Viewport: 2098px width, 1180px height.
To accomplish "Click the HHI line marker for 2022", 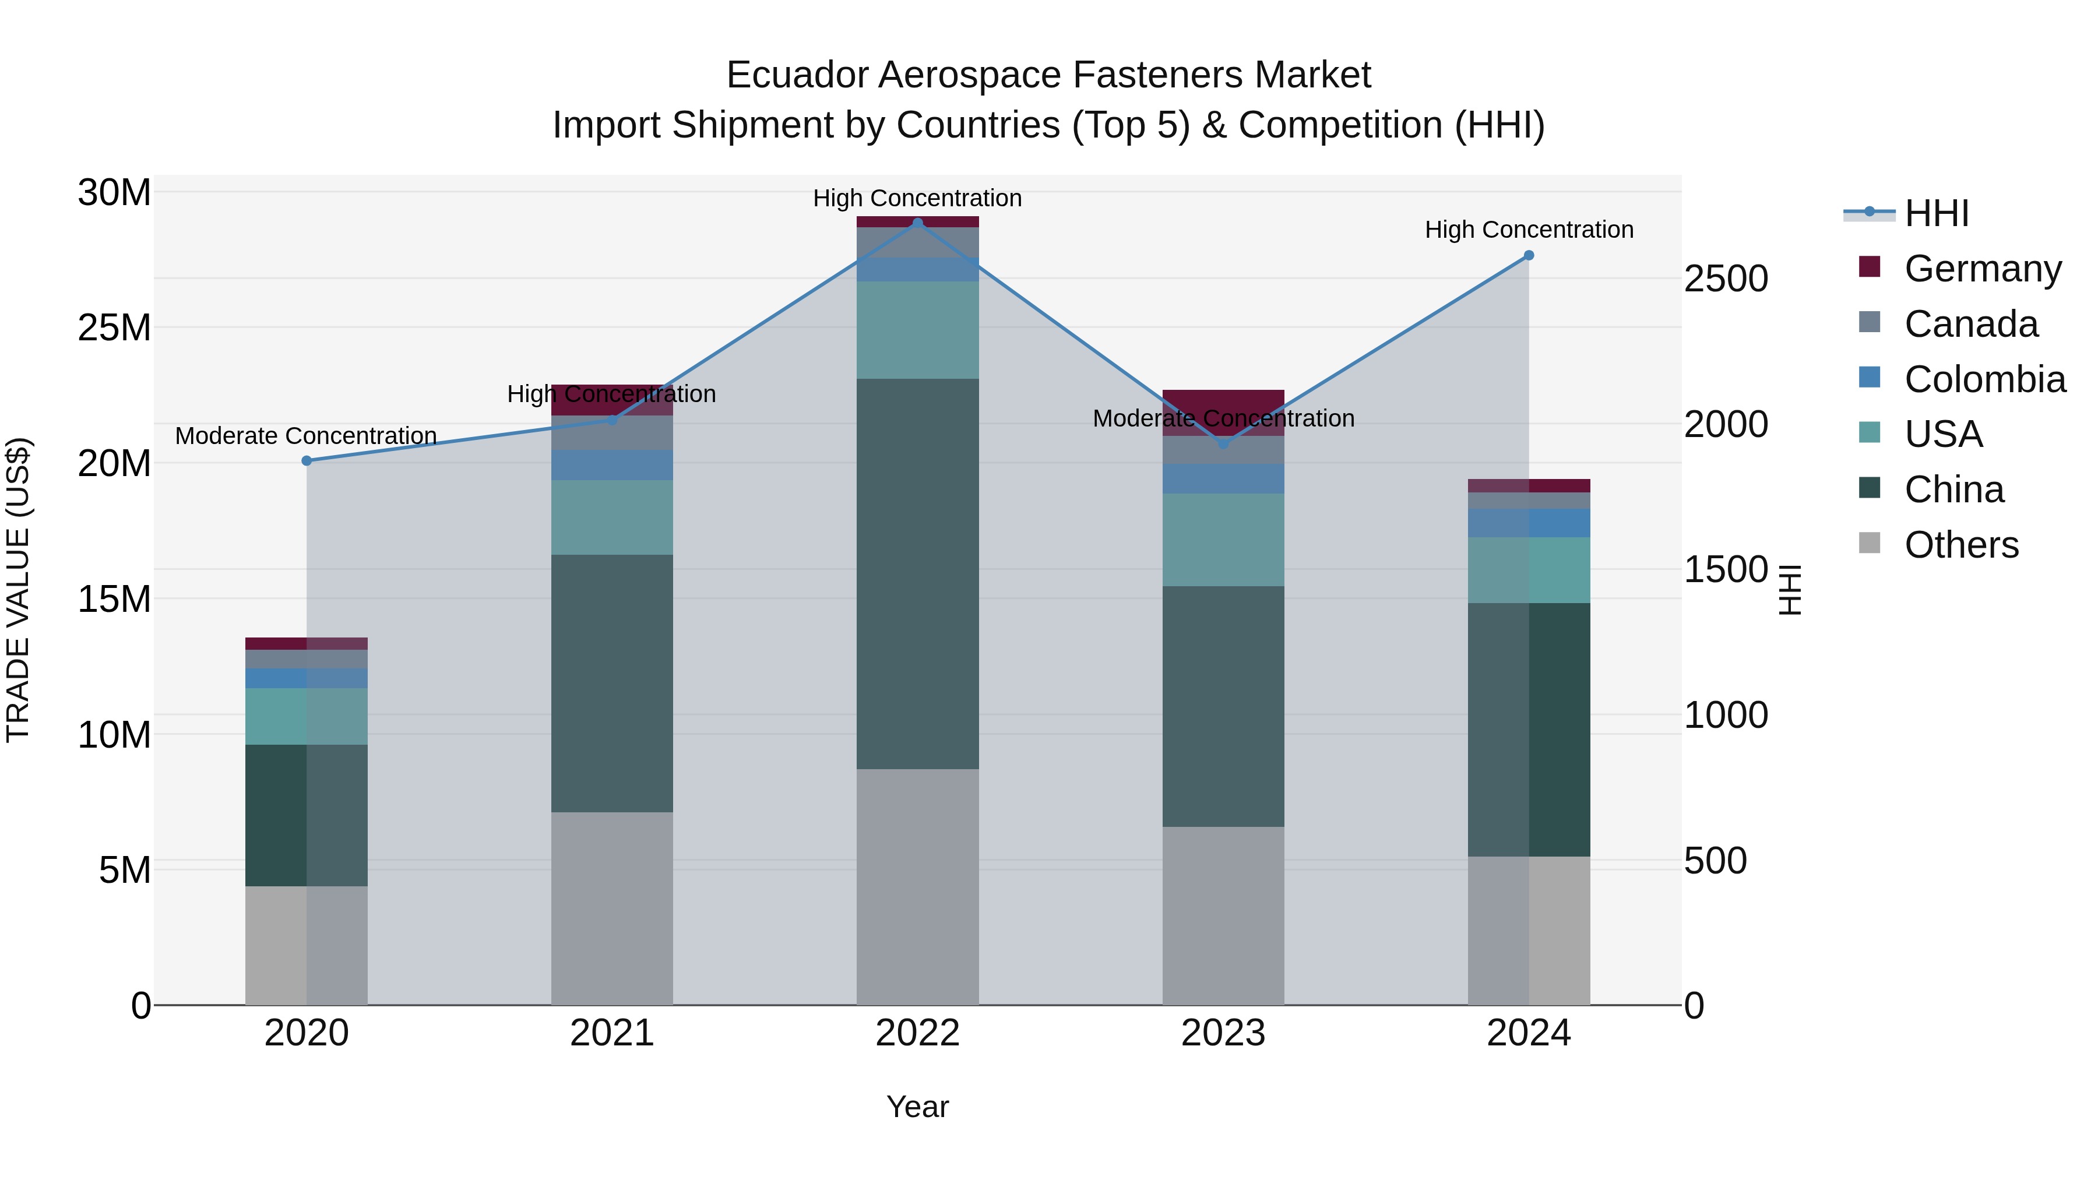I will coord(917,223).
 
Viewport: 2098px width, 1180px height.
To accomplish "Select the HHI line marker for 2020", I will coord(307,461).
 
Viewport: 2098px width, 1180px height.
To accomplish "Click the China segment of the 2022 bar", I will coord(917,574).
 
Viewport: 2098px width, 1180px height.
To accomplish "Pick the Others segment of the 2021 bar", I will coord(612,908).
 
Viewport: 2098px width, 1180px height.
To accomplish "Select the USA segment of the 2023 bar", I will coord(1223,540).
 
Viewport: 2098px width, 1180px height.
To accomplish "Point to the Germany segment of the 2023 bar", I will coord(1223,401).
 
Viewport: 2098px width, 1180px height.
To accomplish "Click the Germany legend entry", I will coord(1983,269).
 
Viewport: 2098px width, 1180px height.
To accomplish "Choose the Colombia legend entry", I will coord(1984,379).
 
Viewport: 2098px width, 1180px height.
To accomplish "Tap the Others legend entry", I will coord(1961,545).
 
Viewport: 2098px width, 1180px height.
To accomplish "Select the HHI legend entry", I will coord(1936,213).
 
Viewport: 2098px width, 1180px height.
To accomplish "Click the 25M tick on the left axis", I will coord(114,328).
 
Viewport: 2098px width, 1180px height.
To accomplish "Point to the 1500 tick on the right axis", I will coord(1725,570).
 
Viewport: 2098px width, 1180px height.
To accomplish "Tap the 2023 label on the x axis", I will coord(1223,1033).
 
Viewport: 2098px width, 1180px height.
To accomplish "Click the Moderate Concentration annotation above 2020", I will coord(306,436).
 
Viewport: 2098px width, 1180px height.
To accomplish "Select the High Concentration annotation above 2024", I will coord(1529,230).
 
